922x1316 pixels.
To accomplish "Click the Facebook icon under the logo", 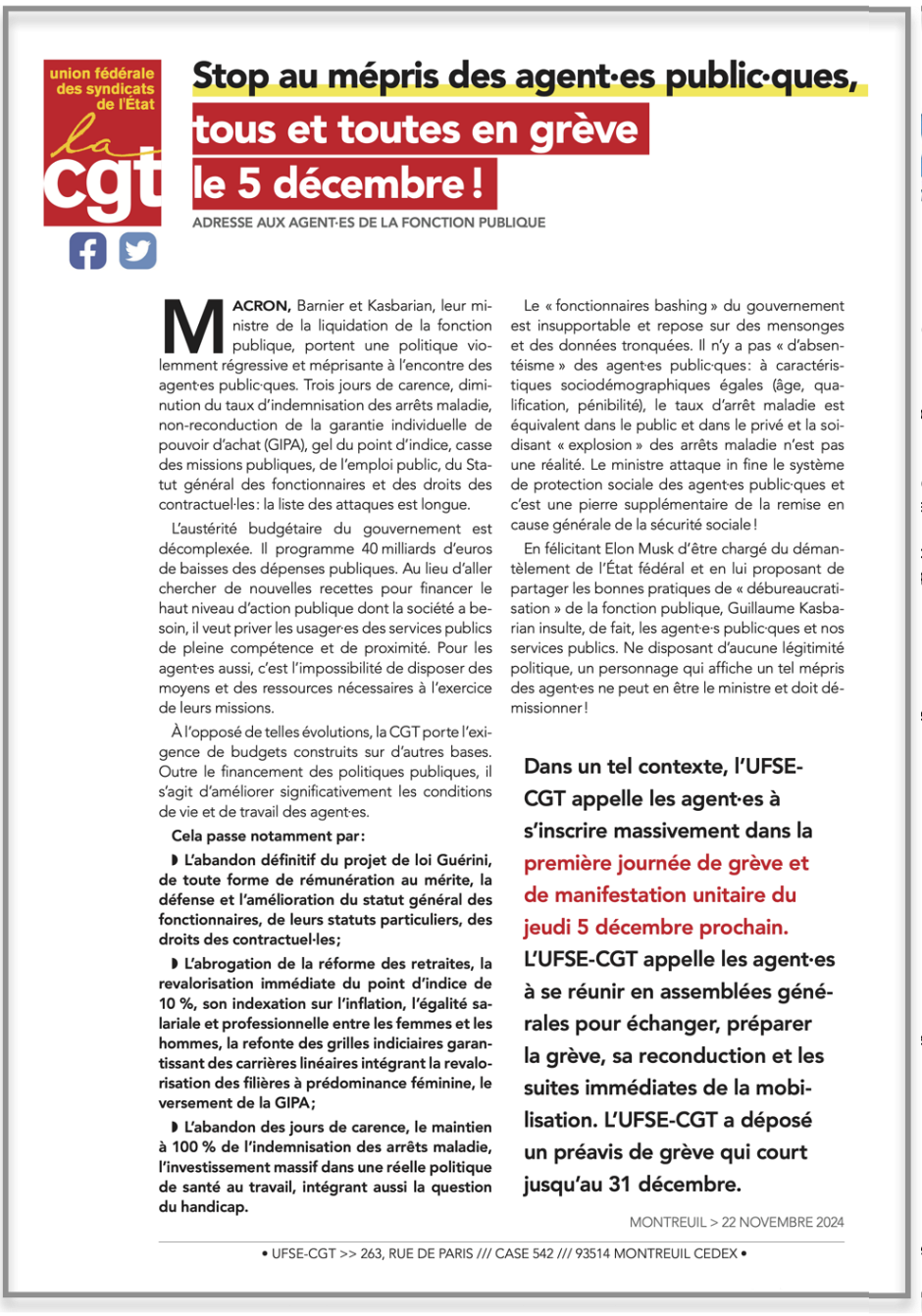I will pyautogui.click(x=87, y=251).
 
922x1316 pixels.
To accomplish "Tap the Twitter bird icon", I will pyautogui.click(x=138, y=251).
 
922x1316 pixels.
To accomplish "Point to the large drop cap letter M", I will pyautogui.click(x=192, y=326).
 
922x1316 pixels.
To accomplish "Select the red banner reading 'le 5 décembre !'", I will pyautogui.click(x=343, y=183).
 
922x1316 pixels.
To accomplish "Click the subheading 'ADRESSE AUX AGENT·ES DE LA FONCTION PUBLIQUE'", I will pyautogui.click(x=369, y=223).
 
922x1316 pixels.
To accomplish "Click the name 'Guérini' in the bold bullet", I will pyautogui.click(x=461, y=860).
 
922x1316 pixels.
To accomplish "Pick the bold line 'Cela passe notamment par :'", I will pyautogui.click(x=268, y=836).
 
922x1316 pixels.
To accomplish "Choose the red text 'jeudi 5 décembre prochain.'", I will pyautogui.click(x=655, y=928).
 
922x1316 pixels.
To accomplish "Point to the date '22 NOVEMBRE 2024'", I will pyautogui.click(x=783, y=1222).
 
